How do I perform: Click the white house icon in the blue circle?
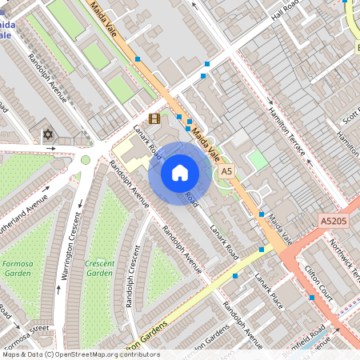coord(180,172)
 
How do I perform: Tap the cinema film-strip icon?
coord(154,118)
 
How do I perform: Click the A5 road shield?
coord(226,171)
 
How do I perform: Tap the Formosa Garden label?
coord(18,268)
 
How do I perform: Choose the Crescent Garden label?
coord(100,268)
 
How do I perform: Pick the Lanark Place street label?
coord(269,288)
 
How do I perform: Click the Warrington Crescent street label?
coord(69,245)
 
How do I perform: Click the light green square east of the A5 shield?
coord(257,160)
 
